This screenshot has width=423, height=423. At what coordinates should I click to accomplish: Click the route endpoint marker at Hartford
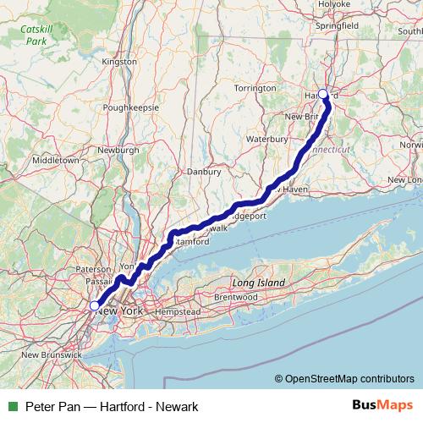322,95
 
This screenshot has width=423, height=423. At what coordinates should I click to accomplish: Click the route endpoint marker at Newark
94,306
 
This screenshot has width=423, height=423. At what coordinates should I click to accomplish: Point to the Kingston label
118,63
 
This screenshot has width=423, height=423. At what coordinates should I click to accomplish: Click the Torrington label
255,88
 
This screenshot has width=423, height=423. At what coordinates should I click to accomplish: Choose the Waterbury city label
268,137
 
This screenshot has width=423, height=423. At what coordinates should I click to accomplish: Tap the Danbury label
204,171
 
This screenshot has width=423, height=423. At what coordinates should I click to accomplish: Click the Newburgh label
118,150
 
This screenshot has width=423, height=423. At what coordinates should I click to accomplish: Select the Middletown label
55,160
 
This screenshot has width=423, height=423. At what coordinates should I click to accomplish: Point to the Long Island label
259,283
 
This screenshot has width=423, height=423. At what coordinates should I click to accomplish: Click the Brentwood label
235,298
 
